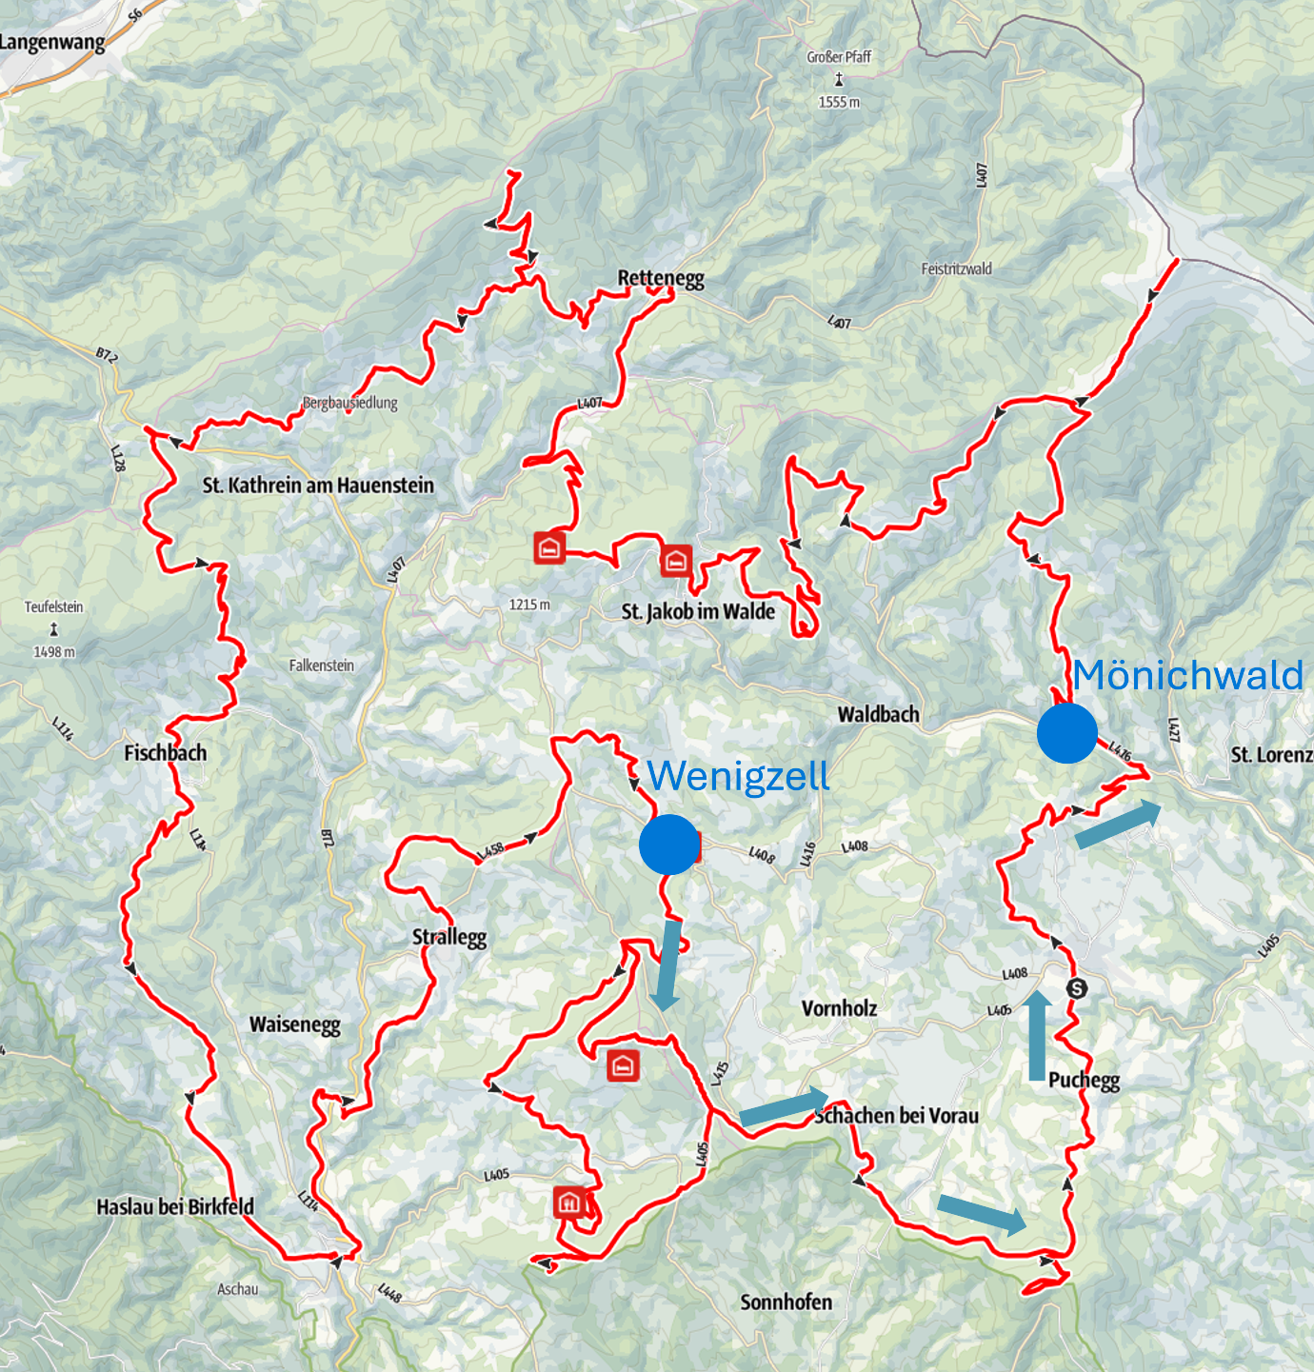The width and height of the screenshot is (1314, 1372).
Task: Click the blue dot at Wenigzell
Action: [x=670, y=845]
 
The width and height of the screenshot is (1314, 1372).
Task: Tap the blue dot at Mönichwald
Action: [x=1067, y=733]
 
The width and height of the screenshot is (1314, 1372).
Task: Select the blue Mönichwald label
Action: [x=1187, y=675]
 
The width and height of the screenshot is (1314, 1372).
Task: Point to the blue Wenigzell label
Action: [x=738, y=776]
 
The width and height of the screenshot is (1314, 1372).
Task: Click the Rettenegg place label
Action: [x=661, y=278]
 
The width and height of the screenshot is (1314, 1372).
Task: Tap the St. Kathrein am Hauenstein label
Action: [x=318, y=486]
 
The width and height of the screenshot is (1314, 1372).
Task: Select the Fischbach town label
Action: [x=166, y=753]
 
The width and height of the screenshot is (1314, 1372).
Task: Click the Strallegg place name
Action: [x=449, y=937]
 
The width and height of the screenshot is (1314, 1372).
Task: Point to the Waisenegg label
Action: [x=295, y=1024]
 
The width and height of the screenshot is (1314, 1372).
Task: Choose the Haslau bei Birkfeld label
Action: [x=175, y=1207]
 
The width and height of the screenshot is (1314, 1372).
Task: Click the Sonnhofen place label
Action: [x=786, y=1302]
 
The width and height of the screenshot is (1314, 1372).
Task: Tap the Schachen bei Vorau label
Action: [x=896, y=1116]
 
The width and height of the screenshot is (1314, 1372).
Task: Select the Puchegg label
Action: [x=1084, y=1080]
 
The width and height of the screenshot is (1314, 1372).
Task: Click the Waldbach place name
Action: [x=879, y=714]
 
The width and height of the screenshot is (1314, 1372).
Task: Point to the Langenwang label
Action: [x=52, y=42]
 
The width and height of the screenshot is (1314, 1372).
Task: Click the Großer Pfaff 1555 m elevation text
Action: [x=839, y=102]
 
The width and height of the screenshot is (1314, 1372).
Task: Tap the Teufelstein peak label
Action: [x=54, y=607]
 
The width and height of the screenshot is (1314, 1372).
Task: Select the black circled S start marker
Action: [x=1077, y=988]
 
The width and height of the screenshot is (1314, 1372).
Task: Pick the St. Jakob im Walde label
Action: [x=698, y=611]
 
